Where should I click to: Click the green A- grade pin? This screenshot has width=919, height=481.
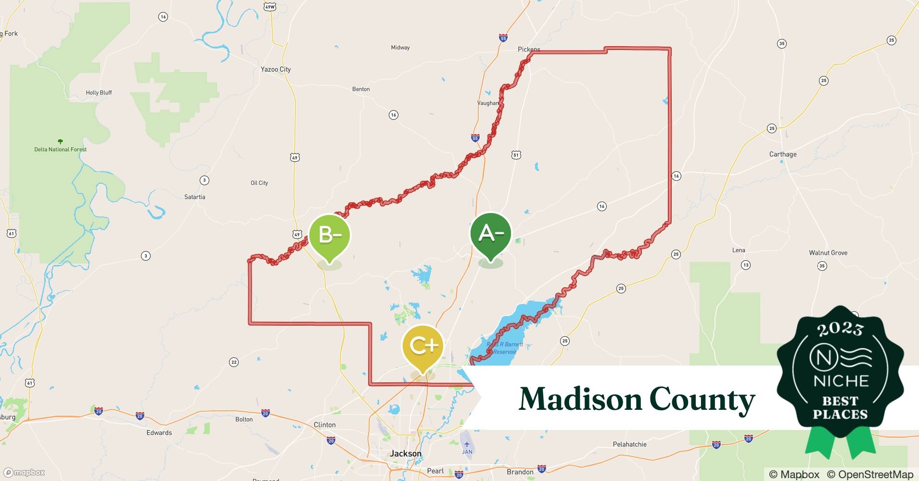pos(490,234)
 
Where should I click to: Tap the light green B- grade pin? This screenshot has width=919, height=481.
pos(330,236)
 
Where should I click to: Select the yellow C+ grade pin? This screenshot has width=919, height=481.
pos(423,345)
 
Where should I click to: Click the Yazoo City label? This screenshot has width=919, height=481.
pos(276,69)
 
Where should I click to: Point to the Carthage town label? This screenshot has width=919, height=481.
pos(783,154)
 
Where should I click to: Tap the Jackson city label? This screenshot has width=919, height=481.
pos(406,454)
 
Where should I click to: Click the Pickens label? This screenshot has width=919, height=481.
pos(529,49)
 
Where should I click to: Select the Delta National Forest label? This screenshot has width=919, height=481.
pos(61,149)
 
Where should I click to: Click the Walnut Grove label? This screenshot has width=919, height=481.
pos(828,253)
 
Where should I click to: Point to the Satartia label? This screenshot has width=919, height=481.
pos(195,197)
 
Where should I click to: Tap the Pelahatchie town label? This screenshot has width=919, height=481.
pos(629,444)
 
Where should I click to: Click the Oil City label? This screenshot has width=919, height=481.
pos(259,183)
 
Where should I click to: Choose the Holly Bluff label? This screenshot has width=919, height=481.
pos(99,92)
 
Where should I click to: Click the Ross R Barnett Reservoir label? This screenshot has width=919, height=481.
pos(504,348)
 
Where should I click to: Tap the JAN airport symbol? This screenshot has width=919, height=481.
pos(467,444)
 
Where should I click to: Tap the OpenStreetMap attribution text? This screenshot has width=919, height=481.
pos(870,474)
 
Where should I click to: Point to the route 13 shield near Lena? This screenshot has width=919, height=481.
pos(745,265)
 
